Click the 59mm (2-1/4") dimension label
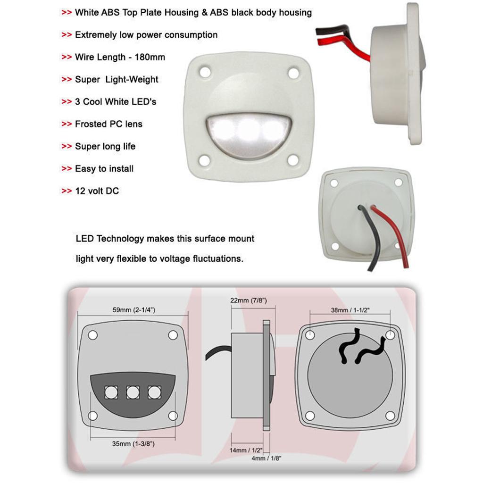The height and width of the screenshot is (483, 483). pyautogui.click(x=133, y=310)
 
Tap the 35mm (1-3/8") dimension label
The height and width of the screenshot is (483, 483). pyautogui.click(x=133, y=443)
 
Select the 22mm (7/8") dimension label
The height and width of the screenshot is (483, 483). pyautogui.click(x=249, y=300)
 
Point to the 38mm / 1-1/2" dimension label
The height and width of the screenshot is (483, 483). pyautogui.click(x=350, y=310)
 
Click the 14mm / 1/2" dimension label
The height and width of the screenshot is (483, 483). pyautogui.click(x=246, y=450)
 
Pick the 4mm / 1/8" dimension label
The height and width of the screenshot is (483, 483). pyautogui.click(x=266, y=458)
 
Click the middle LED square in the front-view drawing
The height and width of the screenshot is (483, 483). pyautogui.click(x=133, y=392)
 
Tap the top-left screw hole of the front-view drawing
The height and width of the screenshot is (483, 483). pyautogui.click(x=93, y=335)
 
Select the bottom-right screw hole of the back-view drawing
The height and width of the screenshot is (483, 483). pyautogui.click(x=390, y=416)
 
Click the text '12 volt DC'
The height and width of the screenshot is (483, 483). pyautogui.click(x=97, y=191)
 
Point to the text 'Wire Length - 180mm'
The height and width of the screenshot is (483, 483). pyautogui.click(x=120, y=57)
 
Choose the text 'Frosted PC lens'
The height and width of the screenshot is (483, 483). pyautogui.click(x=109, y=124)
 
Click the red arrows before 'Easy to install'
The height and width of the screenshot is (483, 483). pyautogui.click(x=67, y=169)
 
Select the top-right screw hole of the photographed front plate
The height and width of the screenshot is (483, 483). pyautogui.click(x=293, y=73)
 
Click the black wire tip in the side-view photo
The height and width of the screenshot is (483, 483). pyautogui.click(x=317, y=31)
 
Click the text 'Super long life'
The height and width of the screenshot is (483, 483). pyautogui.click(x=105, y=146)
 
